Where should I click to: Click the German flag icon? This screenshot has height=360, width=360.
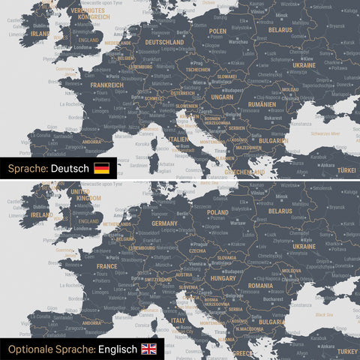click(101, 168)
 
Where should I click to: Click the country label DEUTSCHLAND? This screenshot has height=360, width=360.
click(157, 43)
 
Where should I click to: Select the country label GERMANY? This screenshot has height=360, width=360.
click(164, 223)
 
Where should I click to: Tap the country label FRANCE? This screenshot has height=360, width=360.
click(106, 265)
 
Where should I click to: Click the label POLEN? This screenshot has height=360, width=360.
click(217, 31)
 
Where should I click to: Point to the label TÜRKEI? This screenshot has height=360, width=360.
click(347, 170)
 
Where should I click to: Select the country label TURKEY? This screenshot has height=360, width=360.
click(347, 351)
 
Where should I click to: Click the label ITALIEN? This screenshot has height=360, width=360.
click(178, 139)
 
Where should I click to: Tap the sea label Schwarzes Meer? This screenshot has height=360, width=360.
click(325, 133)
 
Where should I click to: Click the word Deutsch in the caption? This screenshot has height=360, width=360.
click(70, 168)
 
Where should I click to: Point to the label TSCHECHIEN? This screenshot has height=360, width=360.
click(199, 69)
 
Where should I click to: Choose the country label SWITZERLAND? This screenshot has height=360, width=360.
click(157, 279)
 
